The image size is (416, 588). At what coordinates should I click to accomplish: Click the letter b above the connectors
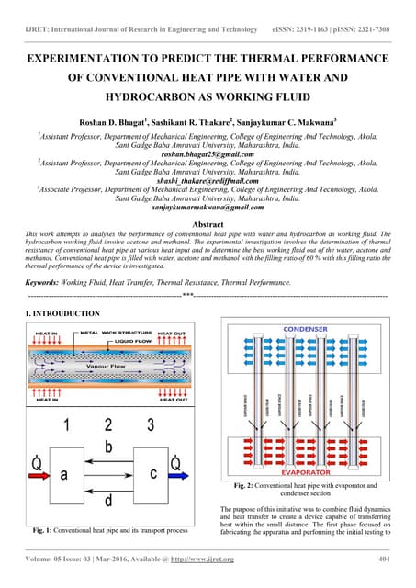click(x=108, y=447)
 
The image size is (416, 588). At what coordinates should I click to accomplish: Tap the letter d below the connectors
click(x=108, y=502)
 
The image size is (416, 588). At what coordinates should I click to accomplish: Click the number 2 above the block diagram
click(x=108, y=424)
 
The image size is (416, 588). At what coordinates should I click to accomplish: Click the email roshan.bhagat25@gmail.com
click(x=208, y=155)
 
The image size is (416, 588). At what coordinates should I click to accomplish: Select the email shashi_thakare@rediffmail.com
click(x=208, y=182)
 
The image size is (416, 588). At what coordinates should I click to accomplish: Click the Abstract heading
click(x=208, y=224)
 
